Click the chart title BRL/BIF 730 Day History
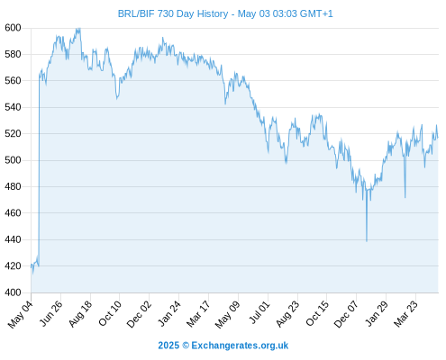point(173,13)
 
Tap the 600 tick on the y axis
point(13,28)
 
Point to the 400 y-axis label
point(13,292)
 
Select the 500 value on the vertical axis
point(13,160)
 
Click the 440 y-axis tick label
point(13,239)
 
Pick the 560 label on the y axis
point(13,81)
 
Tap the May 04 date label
point(21,314)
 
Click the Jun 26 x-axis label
point(51,313)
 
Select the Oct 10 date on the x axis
point(110,313)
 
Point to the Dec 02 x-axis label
point(139,314)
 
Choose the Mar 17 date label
point(198,314)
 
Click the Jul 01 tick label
point(259,312)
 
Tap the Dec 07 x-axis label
point(346,314)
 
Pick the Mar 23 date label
point(405,314)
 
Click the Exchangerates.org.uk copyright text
point(223,346)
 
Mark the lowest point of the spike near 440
point(367,241)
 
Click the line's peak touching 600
point(78,29)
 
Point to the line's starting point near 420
point(32,265)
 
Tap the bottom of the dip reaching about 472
point(405,197)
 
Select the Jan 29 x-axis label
point(377,313)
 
